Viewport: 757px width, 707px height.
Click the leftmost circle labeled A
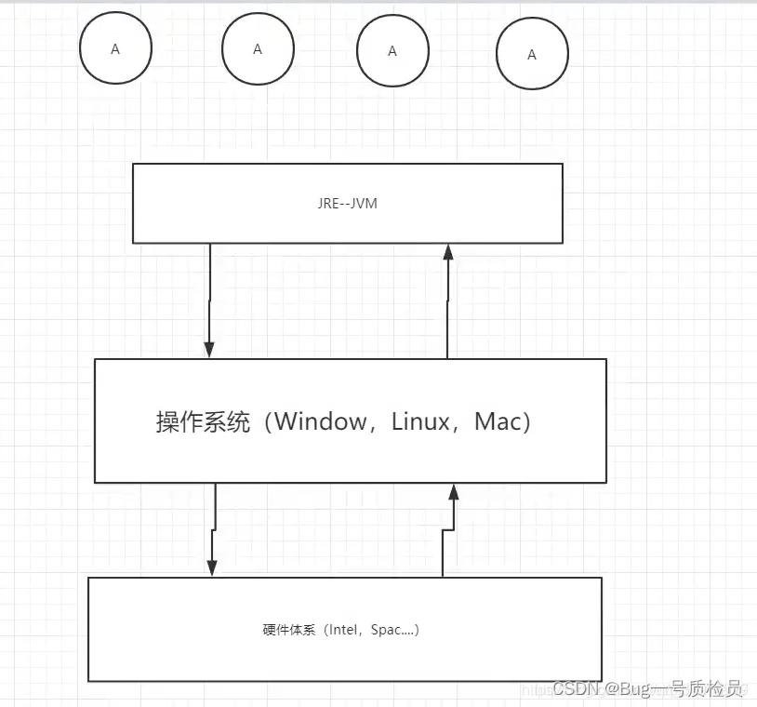pyautogui.click(x=115, y=49)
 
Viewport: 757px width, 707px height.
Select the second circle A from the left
pyautogui.click(x=258, y=49)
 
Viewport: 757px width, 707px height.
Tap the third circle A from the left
pyautogui.click(x=392, y=51)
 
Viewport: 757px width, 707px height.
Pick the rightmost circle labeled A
pyautogui.click(x=532, y=55)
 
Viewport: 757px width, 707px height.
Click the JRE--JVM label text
pyautogui.click(x=347, y=203)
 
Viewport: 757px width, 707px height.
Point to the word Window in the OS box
pyautogui.click(x=321, y=421)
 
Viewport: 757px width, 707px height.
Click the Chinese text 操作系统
pyautogui.click(x=203, y=422)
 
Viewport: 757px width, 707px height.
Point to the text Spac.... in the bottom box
pyautogui.click(x=392, y=630)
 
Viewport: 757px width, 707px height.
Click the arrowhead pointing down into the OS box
pyautogui.click(x=209, y=350)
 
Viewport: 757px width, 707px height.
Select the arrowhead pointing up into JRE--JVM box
pyautogui.click(x=447, y=252)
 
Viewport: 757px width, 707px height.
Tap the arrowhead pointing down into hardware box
pyautogui.click(x=212, y=567)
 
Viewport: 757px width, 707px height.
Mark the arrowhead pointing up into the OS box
pyautogui.click(x=454, y=492)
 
